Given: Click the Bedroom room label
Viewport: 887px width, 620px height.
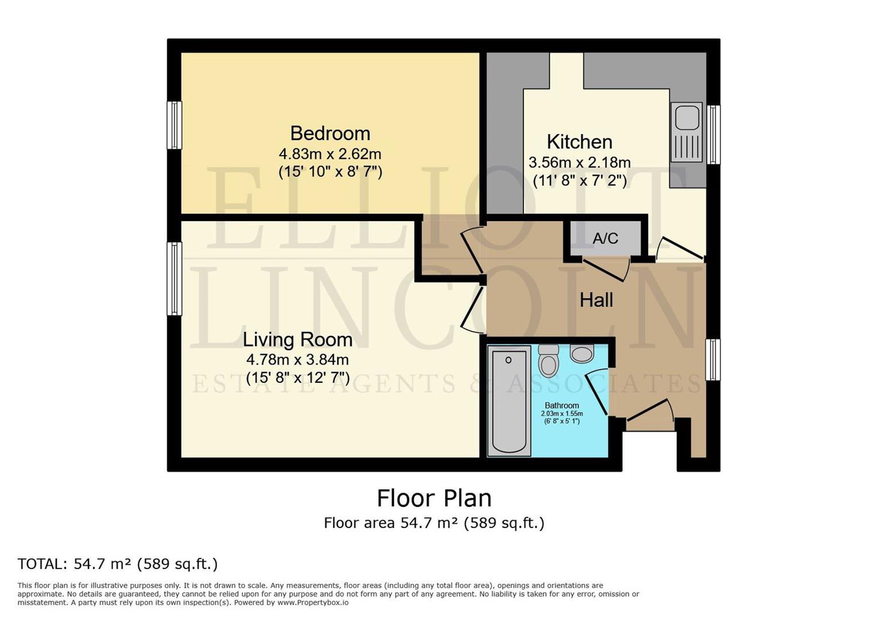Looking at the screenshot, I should coord(330,133).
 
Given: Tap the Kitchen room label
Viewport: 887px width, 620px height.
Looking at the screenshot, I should coord(579,142).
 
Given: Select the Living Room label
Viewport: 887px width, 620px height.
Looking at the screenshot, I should coord(298,339).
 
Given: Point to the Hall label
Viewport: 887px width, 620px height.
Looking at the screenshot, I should coord(596,300).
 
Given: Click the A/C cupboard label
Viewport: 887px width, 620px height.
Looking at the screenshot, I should coord(605,238).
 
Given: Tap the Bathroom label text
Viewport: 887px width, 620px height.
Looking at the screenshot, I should coord(561,405).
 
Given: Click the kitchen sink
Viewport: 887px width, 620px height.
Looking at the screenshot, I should coord(687,131).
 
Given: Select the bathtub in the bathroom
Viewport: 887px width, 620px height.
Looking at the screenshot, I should coord(509,400).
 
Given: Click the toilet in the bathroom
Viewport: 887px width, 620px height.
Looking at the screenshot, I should coord(549,361).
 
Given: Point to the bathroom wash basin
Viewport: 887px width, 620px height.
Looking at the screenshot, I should coord(582,354).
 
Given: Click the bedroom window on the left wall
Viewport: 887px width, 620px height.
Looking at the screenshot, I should coord(174,125).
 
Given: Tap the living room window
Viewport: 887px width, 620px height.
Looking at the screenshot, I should coord(174,278).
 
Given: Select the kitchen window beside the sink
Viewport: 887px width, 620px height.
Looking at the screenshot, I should coord(713,134).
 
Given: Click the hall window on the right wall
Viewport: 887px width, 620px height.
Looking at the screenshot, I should coord(712,359).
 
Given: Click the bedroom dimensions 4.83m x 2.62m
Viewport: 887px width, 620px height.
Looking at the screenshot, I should coord(330,154).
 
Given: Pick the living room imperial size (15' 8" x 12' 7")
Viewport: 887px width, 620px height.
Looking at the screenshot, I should coord(298,378).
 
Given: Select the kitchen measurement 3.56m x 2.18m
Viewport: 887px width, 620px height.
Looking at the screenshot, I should coord(579,162).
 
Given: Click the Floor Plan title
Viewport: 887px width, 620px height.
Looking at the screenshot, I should coord(434,498).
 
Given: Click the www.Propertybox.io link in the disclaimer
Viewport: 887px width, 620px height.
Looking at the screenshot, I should coord(313,602).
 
